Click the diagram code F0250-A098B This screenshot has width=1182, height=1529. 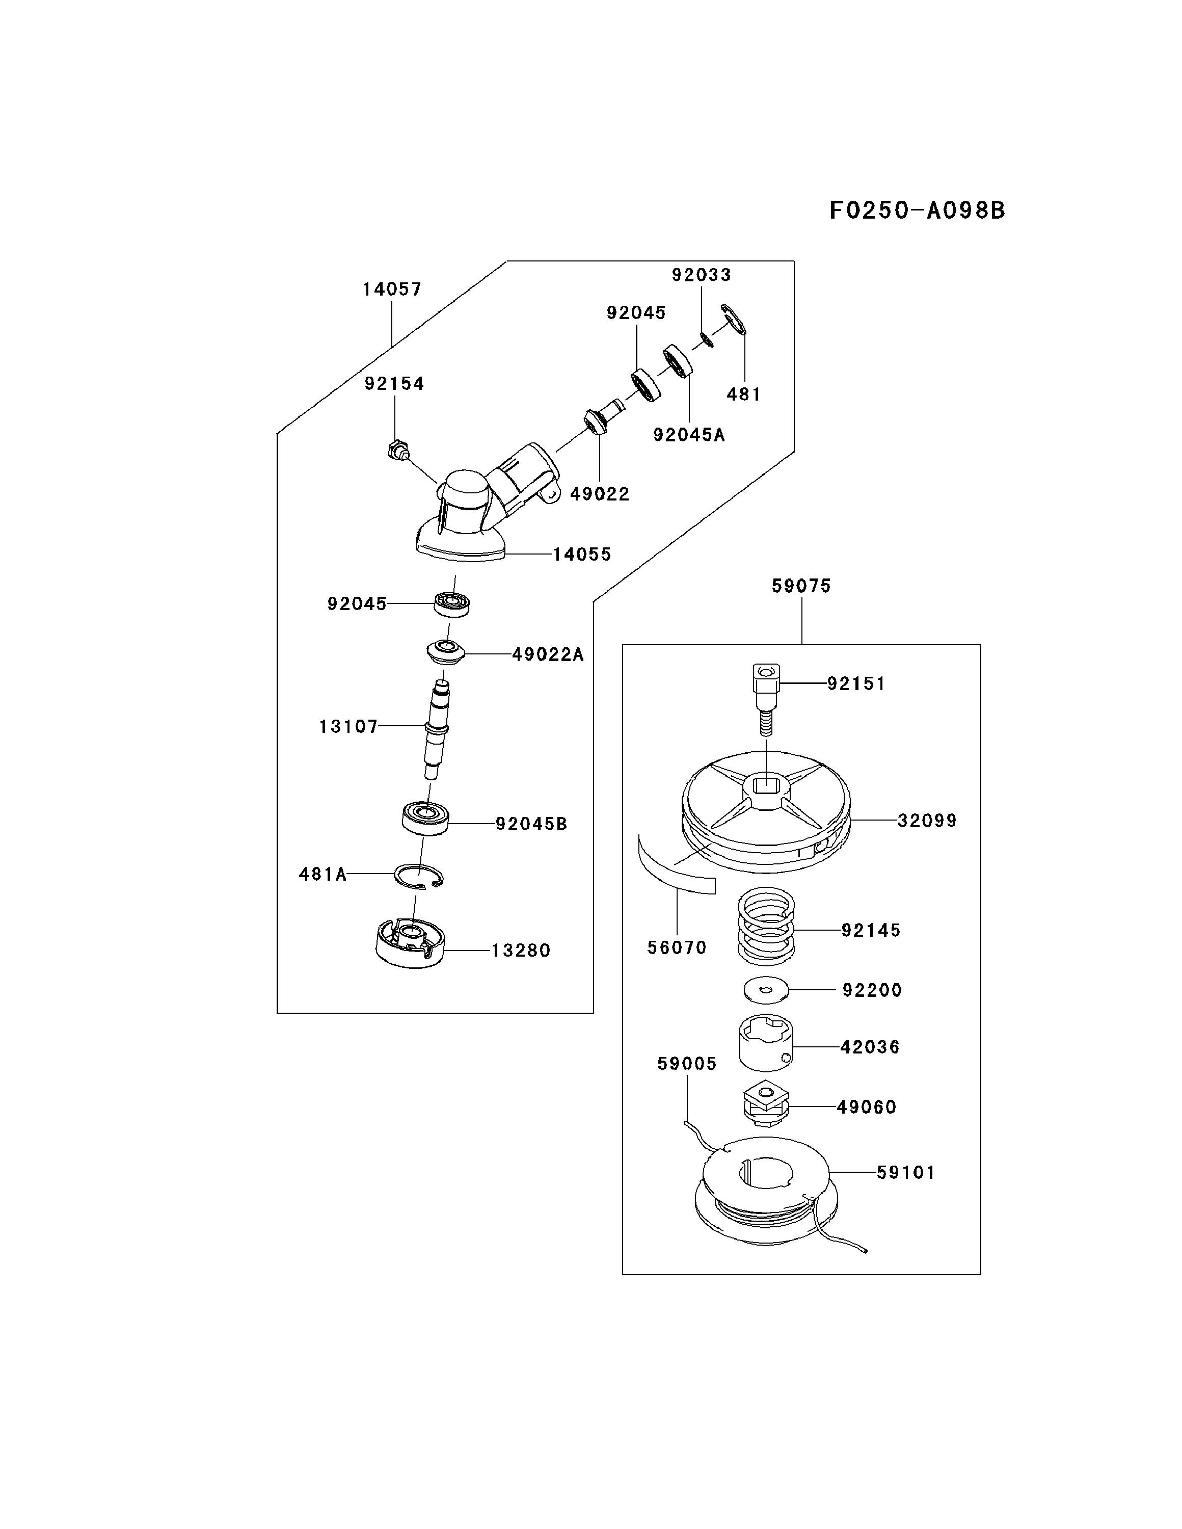pyautogui.click(x=917, y=210)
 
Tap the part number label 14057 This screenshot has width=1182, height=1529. pyautogui.click(x=392, y=289)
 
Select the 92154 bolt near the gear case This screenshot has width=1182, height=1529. pyautogui.click(x=397, y=448)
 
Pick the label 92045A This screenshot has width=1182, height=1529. pyautogui.click(x=689, y=435)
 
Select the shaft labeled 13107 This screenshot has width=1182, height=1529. pyautogui.click(x=437, y=728)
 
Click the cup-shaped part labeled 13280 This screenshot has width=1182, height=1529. pyautogui.click(x=410, y=944)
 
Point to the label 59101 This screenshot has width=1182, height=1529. pyautogui.click(x=905, y=1172)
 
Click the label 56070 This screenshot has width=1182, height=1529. pyautogui.click(x=677, y=947)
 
